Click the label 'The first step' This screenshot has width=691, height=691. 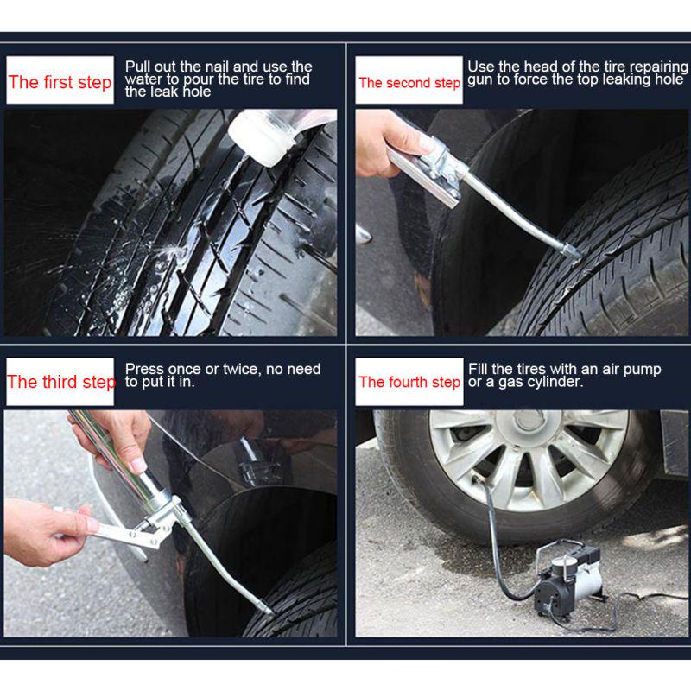point(60,82)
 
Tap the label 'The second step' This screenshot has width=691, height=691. point(409,83)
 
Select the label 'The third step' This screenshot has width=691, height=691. point(60,382)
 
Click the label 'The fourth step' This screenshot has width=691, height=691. point(409,382)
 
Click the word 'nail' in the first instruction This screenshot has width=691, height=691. point(219,67)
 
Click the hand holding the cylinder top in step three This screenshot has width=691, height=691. point(117,436)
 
